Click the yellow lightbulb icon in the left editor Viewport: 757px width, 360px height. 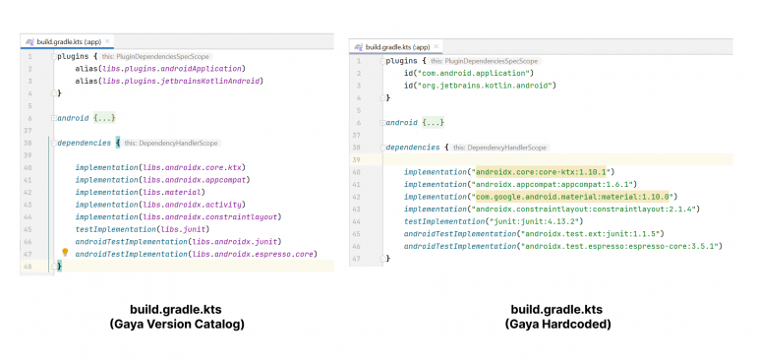pos(65,253)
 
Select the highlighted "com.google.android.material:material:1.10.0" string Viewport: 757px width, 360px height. pos(569,196)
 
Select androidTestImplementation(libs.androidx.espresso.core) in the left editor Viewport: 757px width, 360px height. pos(196,254)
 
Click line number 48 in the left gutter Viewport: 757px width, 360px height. pos(29,267)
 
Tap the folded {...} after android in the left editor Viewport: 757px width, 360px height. pos(105,118)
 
